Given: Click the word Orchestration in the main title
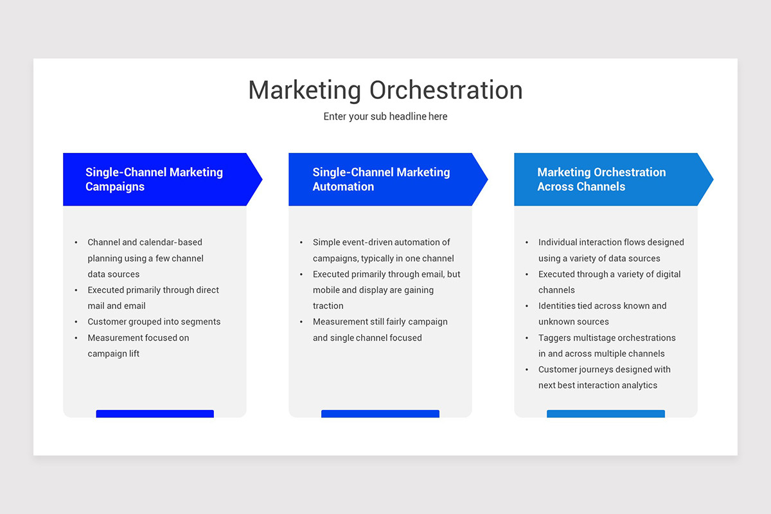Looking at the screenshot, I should tap(446, 90).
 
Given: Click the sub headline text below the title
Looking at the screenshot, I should tap(385, 116).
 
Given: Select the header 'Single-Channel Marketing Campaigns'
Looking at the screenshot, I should tap(154, 179).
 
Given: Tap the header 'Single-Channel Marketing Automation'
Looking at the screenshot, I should tap(381, 179).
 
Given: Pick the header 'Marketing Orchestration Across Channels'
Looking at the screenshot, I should tap(601, 179).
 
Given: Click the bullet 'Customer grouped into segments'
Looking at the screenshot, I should tap(154, 321).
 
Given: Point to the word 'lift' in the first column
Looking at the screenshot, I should tap(133, 353).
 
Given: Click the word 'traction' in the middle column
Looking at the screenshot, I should tap(328, 306).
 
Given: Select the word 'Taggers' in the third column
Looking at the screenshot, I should tap(556, 337).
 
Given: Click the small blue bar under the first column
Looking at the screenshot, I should tap(155, 414).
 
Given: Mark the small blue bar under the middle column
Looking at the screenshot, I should tap(380, 414).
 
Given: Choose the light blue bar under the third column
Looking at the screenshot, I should tap(606, 414).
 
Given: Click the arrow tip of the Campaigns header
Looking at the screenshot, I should tap(257, 179).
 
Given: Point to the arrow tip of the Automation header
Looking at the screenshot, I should tap(483, 179).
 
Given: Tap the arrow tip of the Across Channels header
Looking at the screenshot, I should tap(708, 179).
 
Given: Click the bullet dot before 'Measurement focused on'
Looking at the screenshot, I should tap(76, 338).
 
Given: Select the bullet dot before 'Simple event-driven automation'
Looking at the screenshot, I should tap(301, 242).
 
